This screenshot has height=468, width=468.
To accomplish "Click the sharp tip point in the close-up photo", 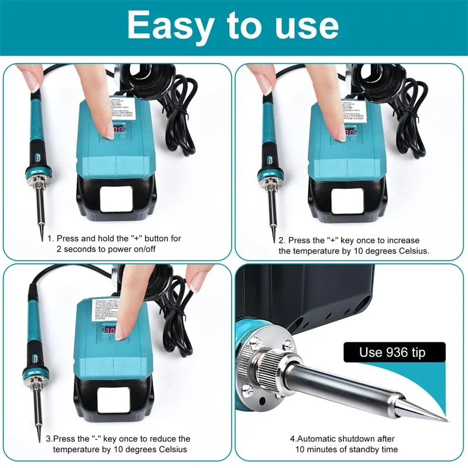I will [447, 420].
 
